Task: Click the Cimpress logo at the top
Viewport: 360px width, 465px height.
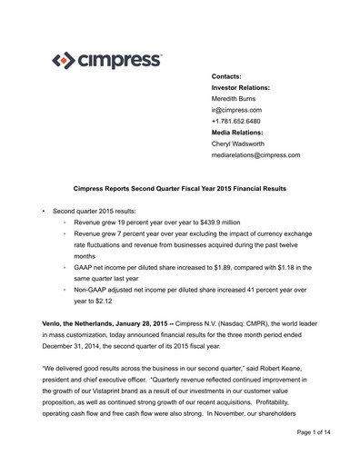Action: pyautogui.click(x=107, y=61)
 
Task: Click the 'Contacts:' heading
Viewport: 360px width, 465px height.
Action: pyautogui.click(x=228, y=75)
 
